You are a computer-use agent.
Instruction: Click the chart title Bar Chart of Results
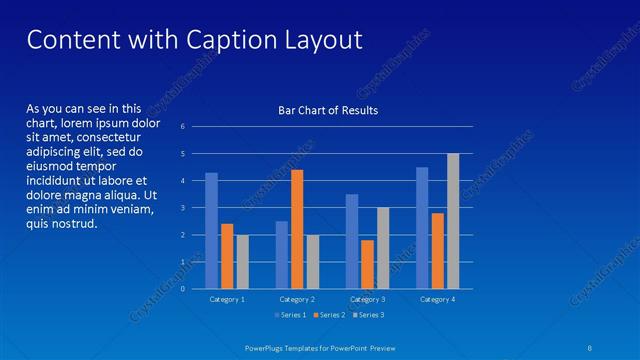point(327,110)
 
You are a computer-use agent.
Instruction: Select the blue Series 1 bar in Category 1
point(211,231)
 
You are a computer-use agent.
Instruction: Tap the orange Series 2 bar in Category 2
point(297,229)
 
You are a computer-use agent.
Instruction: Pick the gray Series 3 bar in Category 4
point(453,221)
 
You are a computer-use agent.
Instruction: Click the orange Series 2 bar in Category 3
point(368,264)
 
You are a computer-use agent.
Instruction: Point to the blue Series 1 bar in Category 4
point(422,228)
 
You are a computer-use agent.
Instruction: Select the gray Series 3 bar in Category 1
point(242,262)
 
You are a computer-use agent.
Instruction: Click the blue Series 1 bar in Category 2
point(282,255)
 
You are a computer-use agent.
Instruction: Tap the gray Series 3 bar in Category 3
point(383,248)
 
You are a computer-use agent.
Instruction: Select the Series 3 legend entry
point(368,315)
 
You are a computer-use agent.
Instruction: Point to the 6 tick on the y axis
point(182,127)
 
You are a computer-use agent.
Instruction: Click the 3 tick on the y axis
point(182,208)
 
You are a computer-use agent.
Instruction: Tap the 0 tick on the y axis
point(182,289)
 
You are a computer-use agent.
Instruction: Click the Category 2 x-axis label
point(297,299)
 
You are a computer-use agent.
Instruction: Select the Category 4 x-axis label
point(437,299)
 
